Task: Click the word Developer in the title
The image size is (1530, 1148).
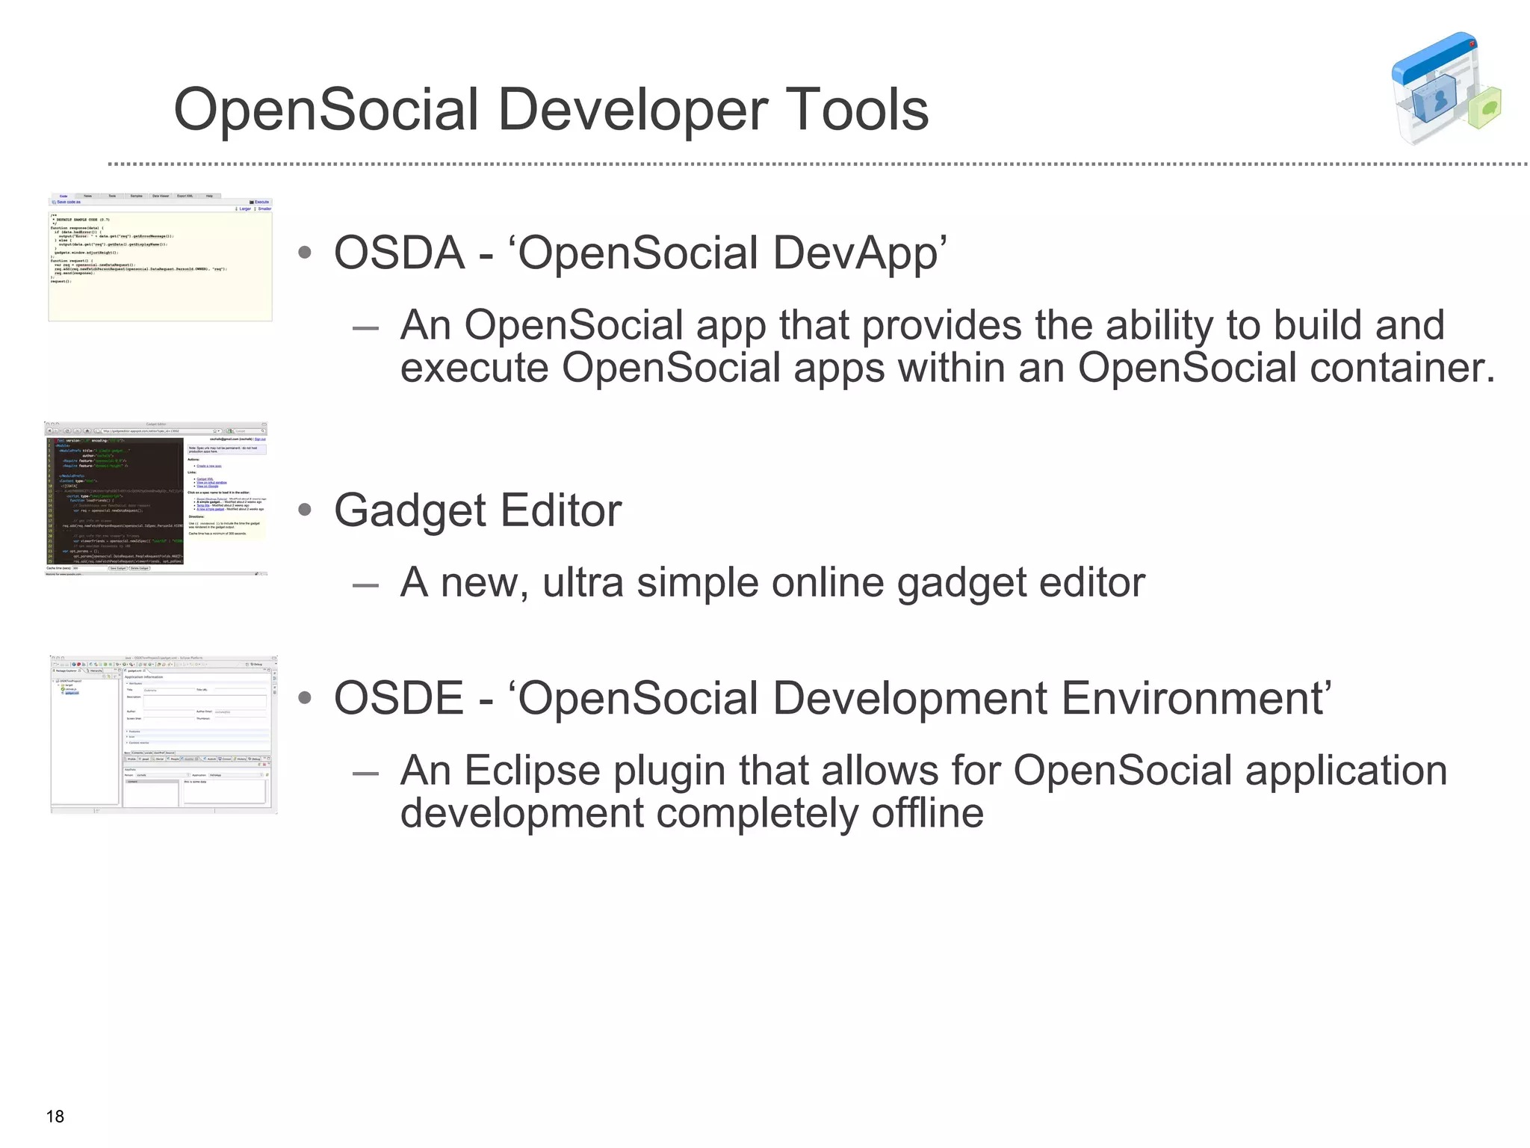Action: pyautogui.click(x=633, y=111)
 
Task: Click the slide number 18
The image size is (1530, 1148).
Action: pyautogui.click(x=55, y=1117)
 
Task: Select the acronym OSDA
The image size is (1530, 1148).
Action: pyautogui.click(x=399, y=253)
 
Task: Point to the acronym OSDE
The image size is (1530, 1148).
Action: pyautogui.click(x=398, y=698)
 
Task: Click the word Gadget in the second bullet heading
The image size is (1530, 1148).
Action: pyautogui.click(x=410, y=511)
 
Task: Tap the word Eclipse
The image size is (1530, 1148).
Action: pyautogui.click(x=532, y=771)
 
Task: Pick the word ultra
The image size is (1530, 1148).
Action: pyautogui.click(x=583, y=583)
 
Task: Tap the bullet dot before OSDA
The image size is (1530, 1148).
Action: pyautogui.click(x=304, y=253)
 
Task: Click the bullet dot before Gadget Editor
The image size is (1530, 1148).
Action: pyautogui.click(x=304, y=510)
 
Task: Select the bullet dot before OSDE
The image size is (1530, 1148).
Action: pyautogui.click(x=304, y=699)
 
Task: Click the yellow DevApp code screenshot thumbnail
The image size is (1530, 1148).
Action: pyautogui.click(x=160, y=259)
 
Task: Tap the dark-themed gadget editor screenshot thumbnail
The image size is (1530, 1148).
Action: pyautogui.click(x=155, y=499)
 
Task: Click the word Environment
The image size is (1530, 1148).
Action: pyautogui.click(x=1193, y=698)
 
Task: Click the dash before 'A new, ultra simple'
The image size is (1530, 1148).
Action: pyautogui.click(x=366, y=584)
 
